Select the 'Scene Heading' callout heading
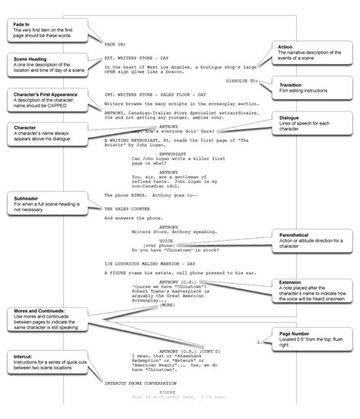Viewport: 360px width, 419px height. (x=33, y=58)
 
